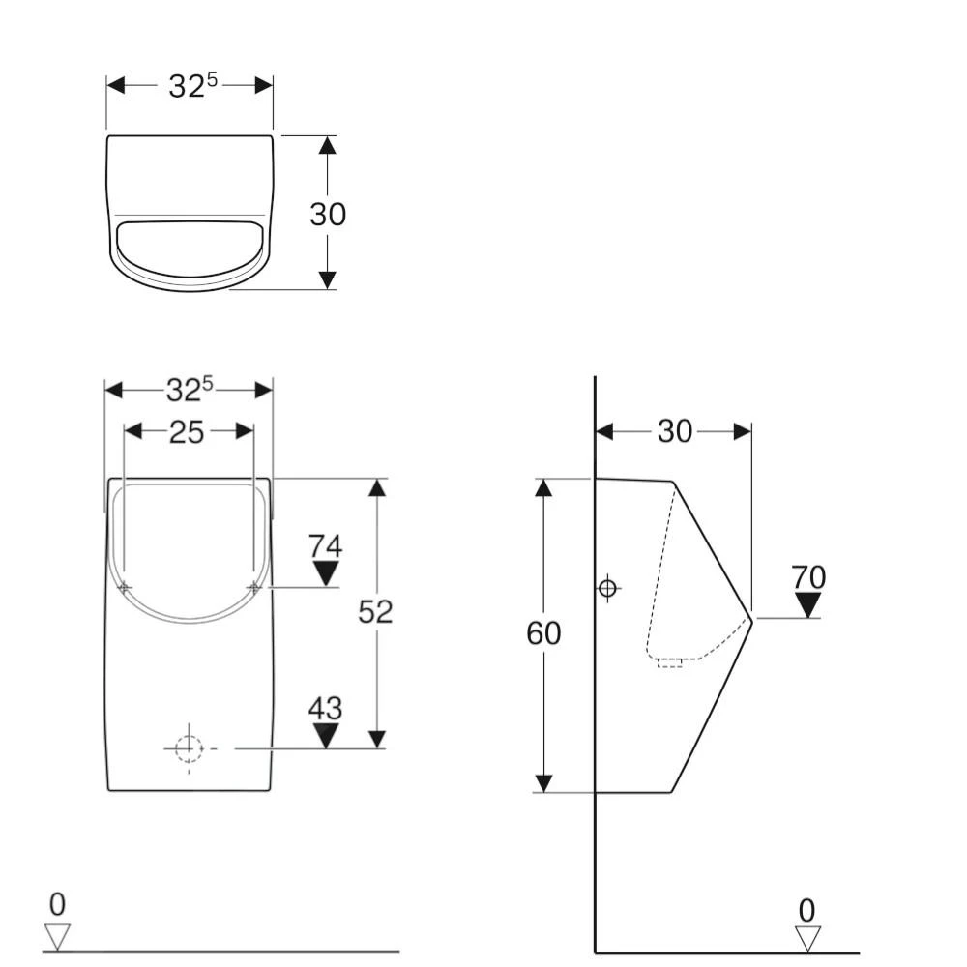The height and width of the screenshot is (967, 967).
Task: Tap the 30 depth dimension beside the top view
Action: click(x=327, y=214)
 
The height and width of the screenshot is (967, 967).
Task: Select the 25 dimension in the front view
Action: click(x=187, y=431)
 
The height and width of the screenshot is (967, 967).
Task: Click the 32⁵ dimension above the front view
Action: click(x=189, y=389)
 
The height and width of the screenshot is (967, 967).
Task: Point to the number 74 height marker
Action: click(x=326, y=546)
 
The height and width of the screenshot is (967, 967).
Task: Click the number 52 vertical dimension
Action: click(x=375, y=611)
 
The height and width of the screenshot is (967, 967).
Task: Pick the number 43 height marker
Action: click(x=326, y=709)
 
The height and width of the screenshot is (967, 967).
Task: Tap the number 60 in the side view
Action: click(x=543, y=633)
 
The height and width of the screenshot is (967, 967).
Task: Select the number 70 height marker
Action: click(x=808, y=577)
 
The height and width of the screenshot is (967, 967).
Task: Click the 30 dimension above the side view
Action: click(x=675, y=431)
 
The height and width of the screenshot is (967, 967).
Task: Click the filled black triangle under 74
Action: click(x=326, y=573)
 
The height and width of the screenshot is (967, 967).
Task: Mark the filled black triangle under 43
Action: click(x=326, y=735)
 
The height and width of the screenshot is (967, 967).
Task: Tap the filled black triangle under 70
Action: click(x=808, y=605)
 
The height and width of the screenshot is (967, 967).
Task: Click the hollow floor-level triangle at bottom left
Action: click(x=58, y=936)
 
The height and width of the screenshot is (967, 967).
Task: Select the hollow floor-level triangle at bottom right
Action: click(x=807, y=938)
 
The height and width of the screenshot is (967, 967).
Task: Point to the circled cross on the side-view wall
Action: click(x=607, y=587)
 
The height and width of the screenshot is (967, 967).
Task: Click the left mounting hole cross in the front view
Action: click(x=125, y=588)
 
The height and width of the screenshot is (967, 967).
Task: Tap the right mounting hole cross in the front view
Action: click(x=254, y=587)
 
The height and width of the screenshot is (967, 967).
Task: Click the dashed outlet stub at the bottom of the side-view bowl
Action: click(x=670, y=662)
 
